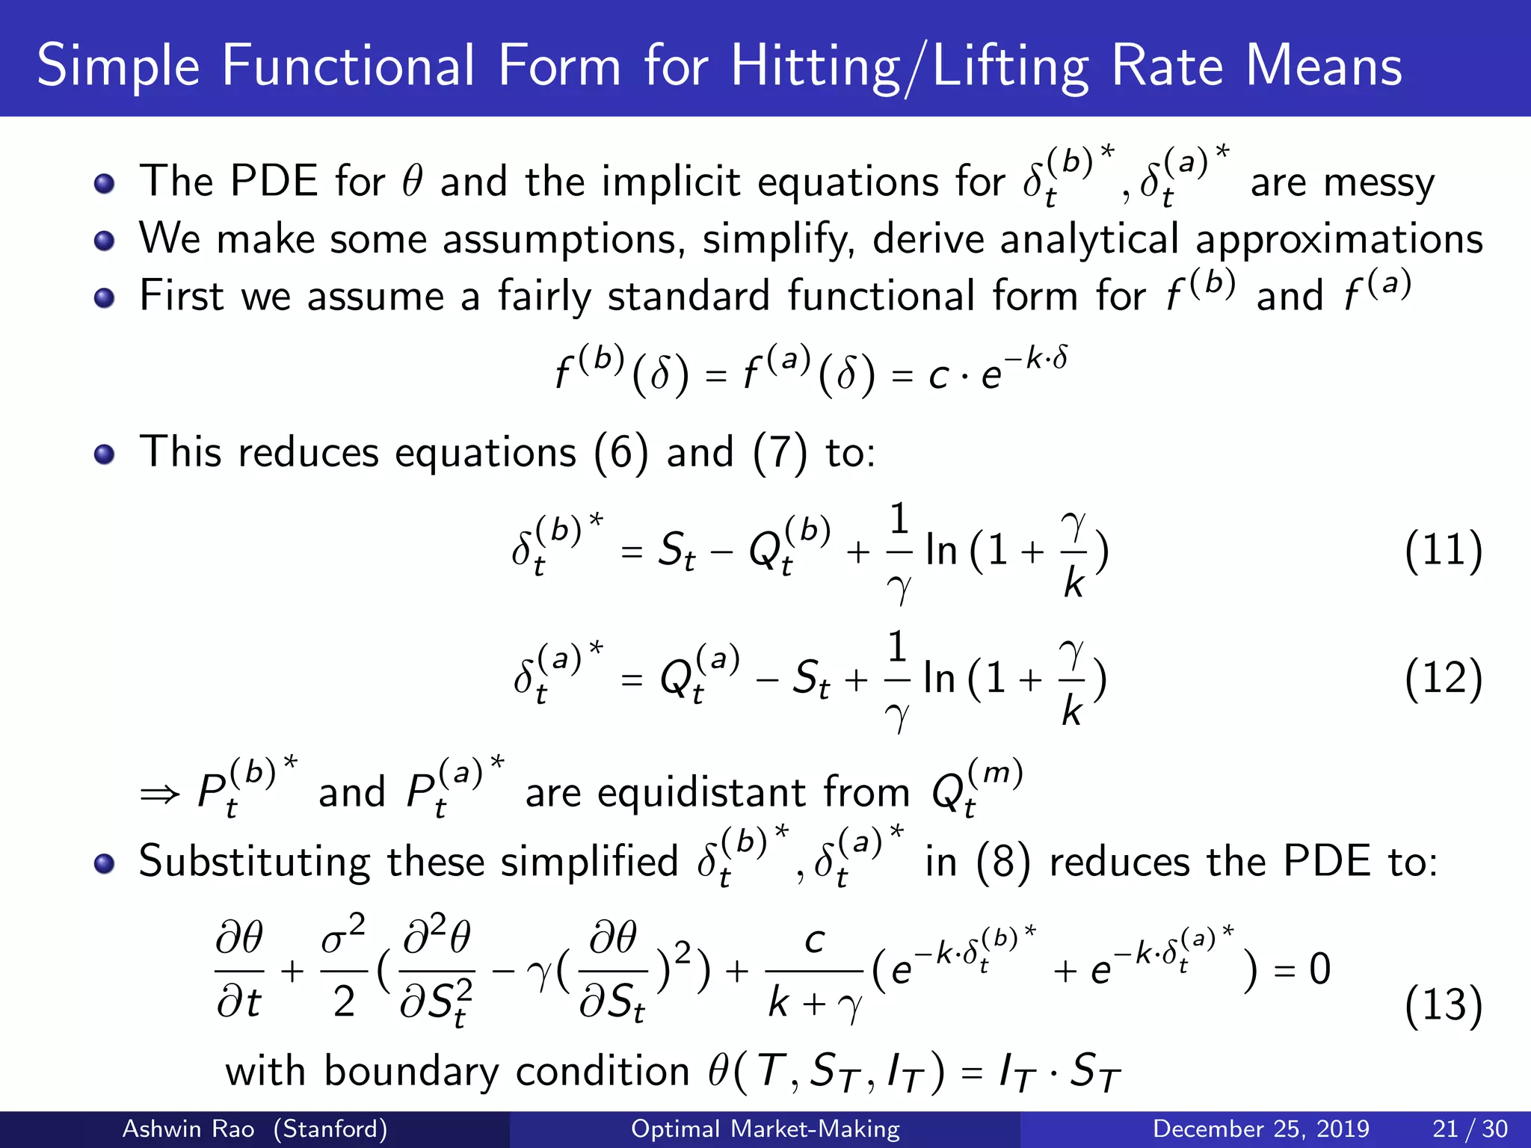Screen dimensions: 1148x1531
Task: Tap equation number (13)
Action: click(x=1443, y=1004)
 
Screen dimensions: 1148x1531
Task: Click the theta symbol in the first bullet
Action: click(x=412, y=182)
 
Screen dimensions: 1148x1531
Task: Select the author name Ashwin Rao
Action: click(x=188, y=1129)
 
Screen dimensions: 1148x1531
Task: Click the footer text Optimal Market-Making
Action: click(x=765, y=1129)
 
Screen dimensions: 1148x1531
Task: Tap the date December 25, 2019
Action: click(x=1260, y=1129)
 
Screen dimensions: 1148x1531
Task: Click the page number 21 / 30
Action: click(x=1470, y=1129)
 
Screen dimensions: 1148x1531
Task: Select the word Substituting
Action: click(x=254, y=862)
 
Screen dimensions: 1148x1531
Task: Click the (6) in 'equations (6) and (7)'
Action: click(x=620, y=453)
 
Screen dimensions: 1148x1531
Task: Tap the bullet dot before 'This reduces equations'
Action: click(x=104, y=454)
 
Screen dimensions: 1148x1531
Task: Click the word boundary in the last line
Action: click(x=410, y=1072)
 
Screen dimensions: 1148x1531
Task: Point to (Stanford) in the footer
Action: click(x=330, y=1129)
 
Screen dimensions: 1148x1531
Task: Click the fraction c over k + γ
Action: click(x=815, y=972)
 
